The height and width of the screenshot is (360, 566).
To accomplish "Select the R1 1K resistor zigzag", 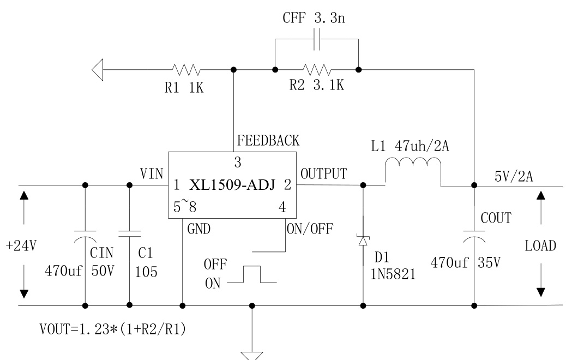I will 186,69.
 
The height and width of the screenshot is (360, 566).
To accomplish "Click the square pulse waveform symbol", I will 252,274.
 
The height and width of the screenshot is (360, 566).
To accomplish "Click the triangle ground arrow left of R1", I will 98,69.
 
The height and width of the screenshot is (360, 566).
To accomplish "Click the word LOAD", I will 540,245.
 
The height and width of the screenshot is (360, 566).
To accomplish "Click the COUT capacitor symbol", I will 474,237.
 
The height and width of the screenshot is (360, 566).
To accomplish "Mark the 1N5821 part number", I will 394,275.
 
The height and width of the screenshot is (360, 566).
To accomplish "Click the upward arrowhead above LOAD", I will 540,196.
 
